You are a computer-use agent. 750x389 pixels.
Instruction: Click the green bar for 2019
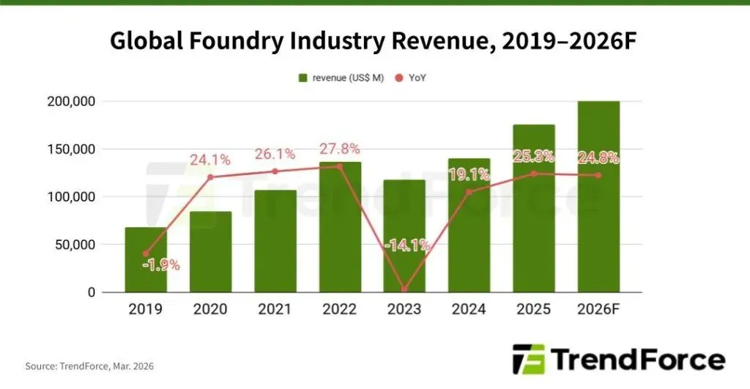point(146,260)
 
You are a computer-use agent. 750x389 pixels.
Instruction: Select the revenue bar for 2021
point(275,241)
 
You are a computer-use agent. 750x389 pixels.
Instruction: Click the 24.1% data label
point(209,159)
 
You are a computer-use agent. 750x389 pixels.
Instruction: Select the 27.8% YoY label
point(340,149)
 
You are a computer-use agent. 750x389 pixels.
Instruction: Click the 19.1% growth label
point(469,174)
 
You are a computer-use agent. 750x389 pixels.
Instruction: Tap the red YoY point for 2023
point(404,289)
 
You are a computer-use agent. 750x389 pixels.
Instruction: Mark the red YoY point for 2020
point(210,177)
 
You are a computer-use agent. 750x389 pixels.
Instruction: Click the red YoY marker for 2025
point(534,174)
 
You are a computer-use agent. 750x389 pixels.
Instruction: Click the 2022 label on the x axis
point(340,309)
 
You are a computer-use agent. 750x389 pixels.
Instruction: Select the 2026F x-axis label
point(598,309)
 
